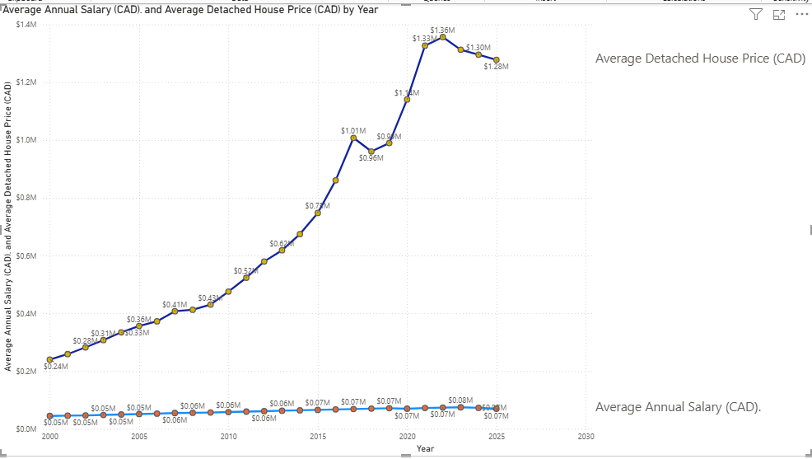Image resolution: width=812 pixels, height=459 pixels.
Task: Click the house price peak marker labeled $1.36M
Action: tap(442, 37)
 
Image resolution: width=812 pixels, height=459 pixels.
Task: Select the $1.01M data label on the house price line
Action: tap(353, 130)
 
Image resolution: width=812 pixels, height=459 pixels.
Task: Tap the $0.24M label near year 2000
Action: tap(56, 365)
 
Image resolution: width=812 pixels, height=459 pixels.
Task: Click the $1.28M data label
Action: tap(497, 66)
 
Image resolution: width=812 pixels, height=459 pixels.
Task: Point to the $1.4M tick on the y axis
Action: tap(26, 25)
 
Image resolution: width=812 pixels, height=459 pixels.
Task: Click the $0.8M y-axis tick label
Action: tap(26, 198)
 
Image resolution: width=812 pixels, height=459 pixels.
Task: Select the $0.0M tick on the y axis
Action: tap(26, 429)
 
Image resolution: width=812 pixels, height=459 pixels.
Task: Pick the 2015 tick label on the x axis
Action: tap(318, 436)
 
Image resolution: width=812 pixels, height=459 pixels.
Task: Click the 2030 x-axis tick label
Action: tap(586, 436)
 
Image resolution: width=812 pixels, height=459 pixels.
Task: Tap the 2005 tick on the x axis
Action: tap(139, 436)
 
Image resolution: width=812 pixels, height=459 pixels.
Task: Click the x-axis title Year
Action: tap(425, 448)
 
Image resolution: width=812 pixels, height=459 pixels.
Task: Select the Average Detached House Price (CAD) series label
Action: tap(700, 59)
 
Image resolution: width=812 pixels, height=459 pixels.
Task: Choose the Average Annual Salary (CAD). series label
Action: tap(678, 407)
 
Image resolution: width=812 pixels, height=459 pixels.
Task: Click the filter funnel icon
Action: tap(756, 14)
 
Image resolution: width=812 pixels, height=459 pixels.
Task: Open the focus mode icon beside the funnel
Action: tap(778, 14)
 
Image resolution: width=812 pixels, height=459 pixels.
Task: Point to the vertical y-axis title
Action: tap(8, 227)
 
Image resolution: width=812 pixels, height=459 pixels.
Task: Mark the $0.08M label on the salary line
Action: tap(461, 400)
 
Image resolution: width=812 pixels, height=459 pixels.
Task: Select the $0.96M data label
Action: tap(371, 157)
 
